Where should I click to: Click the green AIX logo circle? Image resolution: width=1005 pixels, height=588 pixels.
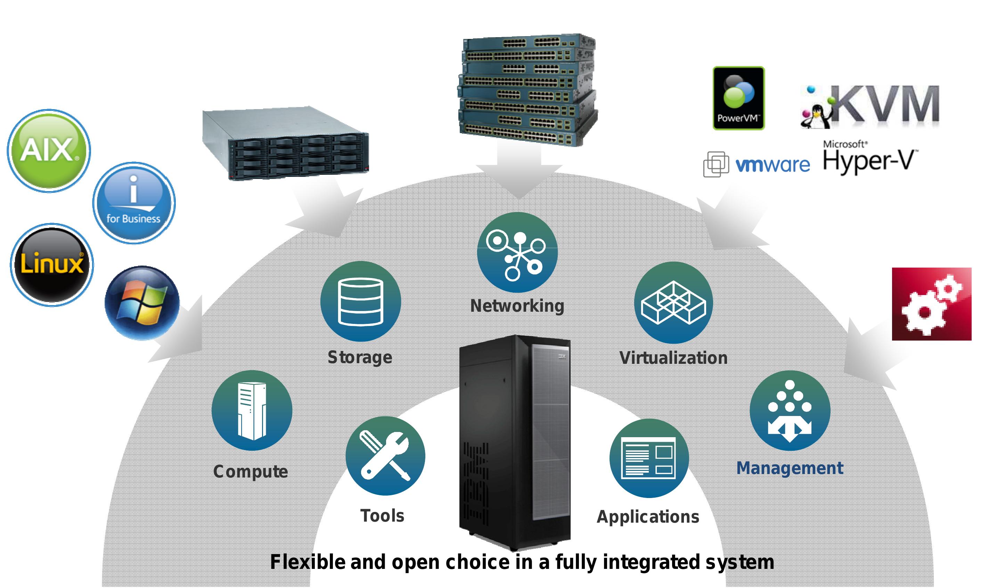pyautogui.click(x=48, y=151)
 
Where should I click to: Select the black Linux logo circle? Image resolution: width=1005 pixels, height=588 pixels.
pyautogui.click(x=52, y=264)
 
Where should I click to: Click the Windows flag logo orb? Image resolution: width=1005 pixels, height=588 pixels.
pyautogui.click(x=142, y=303)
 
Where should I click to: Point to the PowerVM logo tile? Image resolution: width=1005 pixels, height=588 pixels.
pyautogui.click(x=738, y=98)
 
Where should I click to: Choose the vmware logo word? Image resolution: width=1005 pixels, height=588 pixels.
pyautogui.click(x=772, y=165)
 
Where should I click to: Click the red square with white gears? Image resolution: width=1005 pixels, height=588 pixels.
pyautogui.click(x=931, y=304)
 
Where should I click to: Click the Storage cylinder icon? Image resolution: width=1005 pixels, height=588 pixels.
pyautogui.click(x=360, y=301)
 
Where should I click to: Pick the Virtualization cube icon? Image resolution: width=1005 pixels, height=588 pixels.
pyautogui.click(x=673, y=302)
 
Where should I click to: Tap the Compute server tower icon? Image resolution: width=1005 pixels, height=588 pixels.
pyautogui.click(x=252, y=410)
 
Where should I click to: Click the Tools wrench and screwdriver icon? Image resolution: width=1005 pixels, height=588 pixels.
pyautogui.click(x=385, y=456)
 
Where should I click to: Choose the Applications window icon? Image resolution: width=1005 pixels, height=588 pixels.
pyautogui.click(x=649, y=458)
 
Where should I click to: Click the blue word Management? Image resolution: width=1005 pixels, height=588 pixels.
pyautogui.click(x=789, y=467)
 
